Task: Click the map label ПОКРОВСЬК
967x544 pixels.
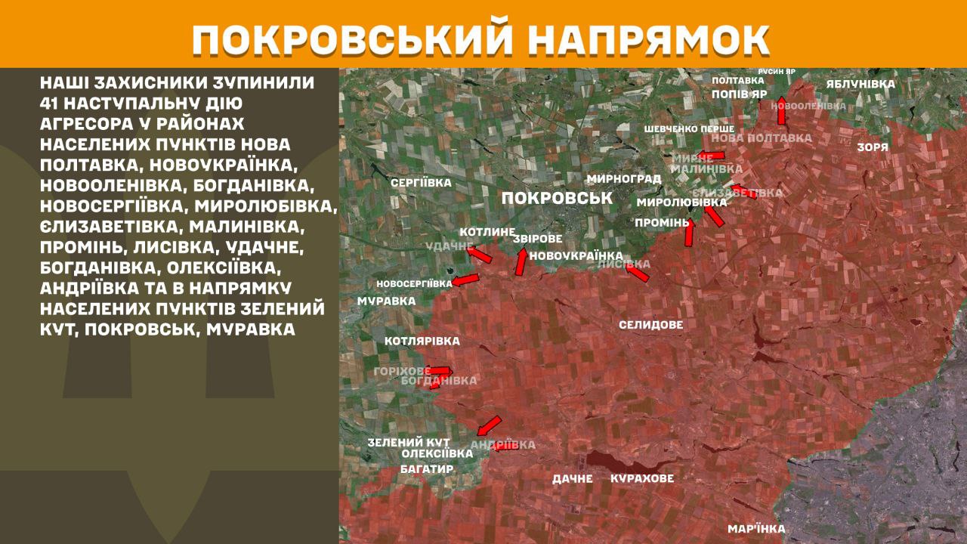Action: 556,198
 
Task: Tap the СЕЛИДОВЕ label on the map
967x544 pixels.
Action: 650,325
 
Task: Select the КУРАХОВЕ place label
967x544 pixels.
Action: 642,478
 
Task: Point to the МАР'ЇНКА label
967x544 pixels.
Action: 756,529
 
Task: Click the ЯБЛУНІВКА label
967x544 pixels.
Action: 860,84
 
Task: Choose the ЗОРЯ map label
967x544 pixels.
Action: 873,147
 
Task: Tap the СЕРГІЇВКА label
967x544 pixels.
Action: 421,183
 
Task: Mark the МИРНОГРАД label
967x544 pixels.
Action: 623,179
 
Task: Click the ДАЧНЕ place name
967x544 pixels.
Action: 572,478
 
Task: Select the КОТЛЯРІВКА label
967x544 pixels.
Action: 422,342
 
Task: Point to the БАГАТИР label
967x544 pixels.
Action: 427,469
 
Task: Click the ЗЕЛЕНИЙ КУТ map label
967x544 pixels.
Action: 409,442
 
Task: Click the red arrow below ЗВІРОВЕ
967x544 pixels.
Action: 521,261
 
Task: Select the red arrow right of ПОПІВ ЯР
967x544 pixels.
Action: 782,110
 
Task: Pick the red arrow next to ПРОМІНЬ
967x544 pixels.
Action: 689,232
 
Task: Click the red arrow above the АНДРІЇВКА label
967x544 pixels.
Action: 489,424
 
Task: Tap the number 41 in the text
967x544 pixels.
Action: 52,103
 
